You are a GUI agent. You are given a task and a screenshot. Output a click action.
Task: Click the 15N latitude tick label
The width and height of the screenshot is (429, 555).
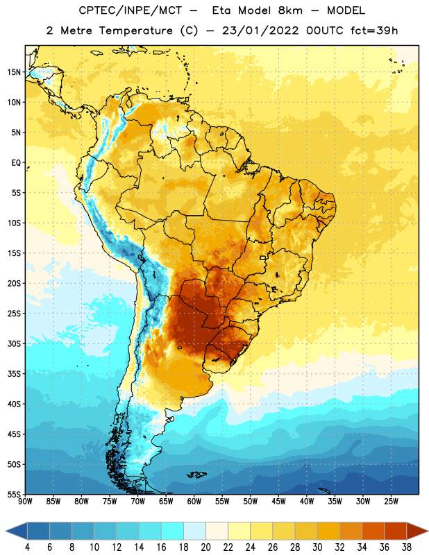point(14,72)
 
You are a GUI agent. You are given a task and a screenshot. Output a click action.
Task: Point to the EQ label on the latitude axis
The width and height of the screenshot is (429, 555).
point(16,163)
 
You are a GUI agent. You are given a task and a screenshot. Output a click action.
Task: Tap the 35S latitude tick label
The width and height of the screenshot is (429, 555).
point(14,374)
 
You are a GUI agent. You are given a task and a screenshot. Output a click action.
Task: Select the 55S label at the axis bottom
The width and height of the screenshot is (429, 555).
point(14,494)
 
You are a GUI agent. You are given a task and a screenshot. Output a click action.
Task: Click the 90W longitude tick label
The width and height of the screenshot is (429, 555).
point(25,502)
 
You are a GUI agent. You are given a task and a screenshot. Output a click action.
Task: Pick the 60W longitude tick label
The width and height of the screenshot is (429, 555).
point(194,502)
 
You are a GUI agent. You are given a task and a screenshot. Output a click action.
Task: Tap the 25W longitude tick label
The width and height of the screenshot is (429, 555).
point(391,502)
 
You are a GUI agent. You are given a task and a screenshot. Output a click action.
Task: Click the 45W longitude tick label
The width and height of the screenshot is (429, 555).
point(278,502)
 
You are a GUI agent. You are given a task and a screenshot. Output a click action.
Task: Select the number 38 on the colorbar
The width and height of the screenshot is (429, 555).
point(407,547)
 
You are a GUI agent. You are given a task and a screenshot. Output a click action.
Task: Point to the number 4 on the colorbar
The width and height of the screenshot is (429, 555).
point(27,547)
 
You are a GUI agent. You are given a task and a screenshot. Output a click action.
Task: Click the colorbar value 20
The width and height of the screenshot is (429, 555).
point(205,547)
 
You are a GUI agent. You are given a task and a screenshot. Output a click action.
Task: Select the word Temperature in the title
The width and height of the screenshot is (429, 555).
point(136,31)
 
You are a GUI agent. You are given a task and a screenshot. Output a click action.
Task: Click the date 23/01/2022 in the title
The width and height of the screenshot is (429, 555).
point(261,31)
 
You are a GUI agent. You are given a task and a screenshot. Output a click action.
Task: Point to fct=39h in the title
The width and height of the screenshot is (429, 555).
point(374,31)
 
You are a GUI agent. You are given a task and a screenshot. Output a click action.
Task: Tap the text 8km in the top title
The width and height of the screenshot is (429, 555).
point(290,10)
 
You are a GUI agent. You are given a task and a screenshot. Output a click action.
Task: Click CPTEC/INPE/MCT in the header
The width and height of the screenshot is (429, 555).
point(131,10)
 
